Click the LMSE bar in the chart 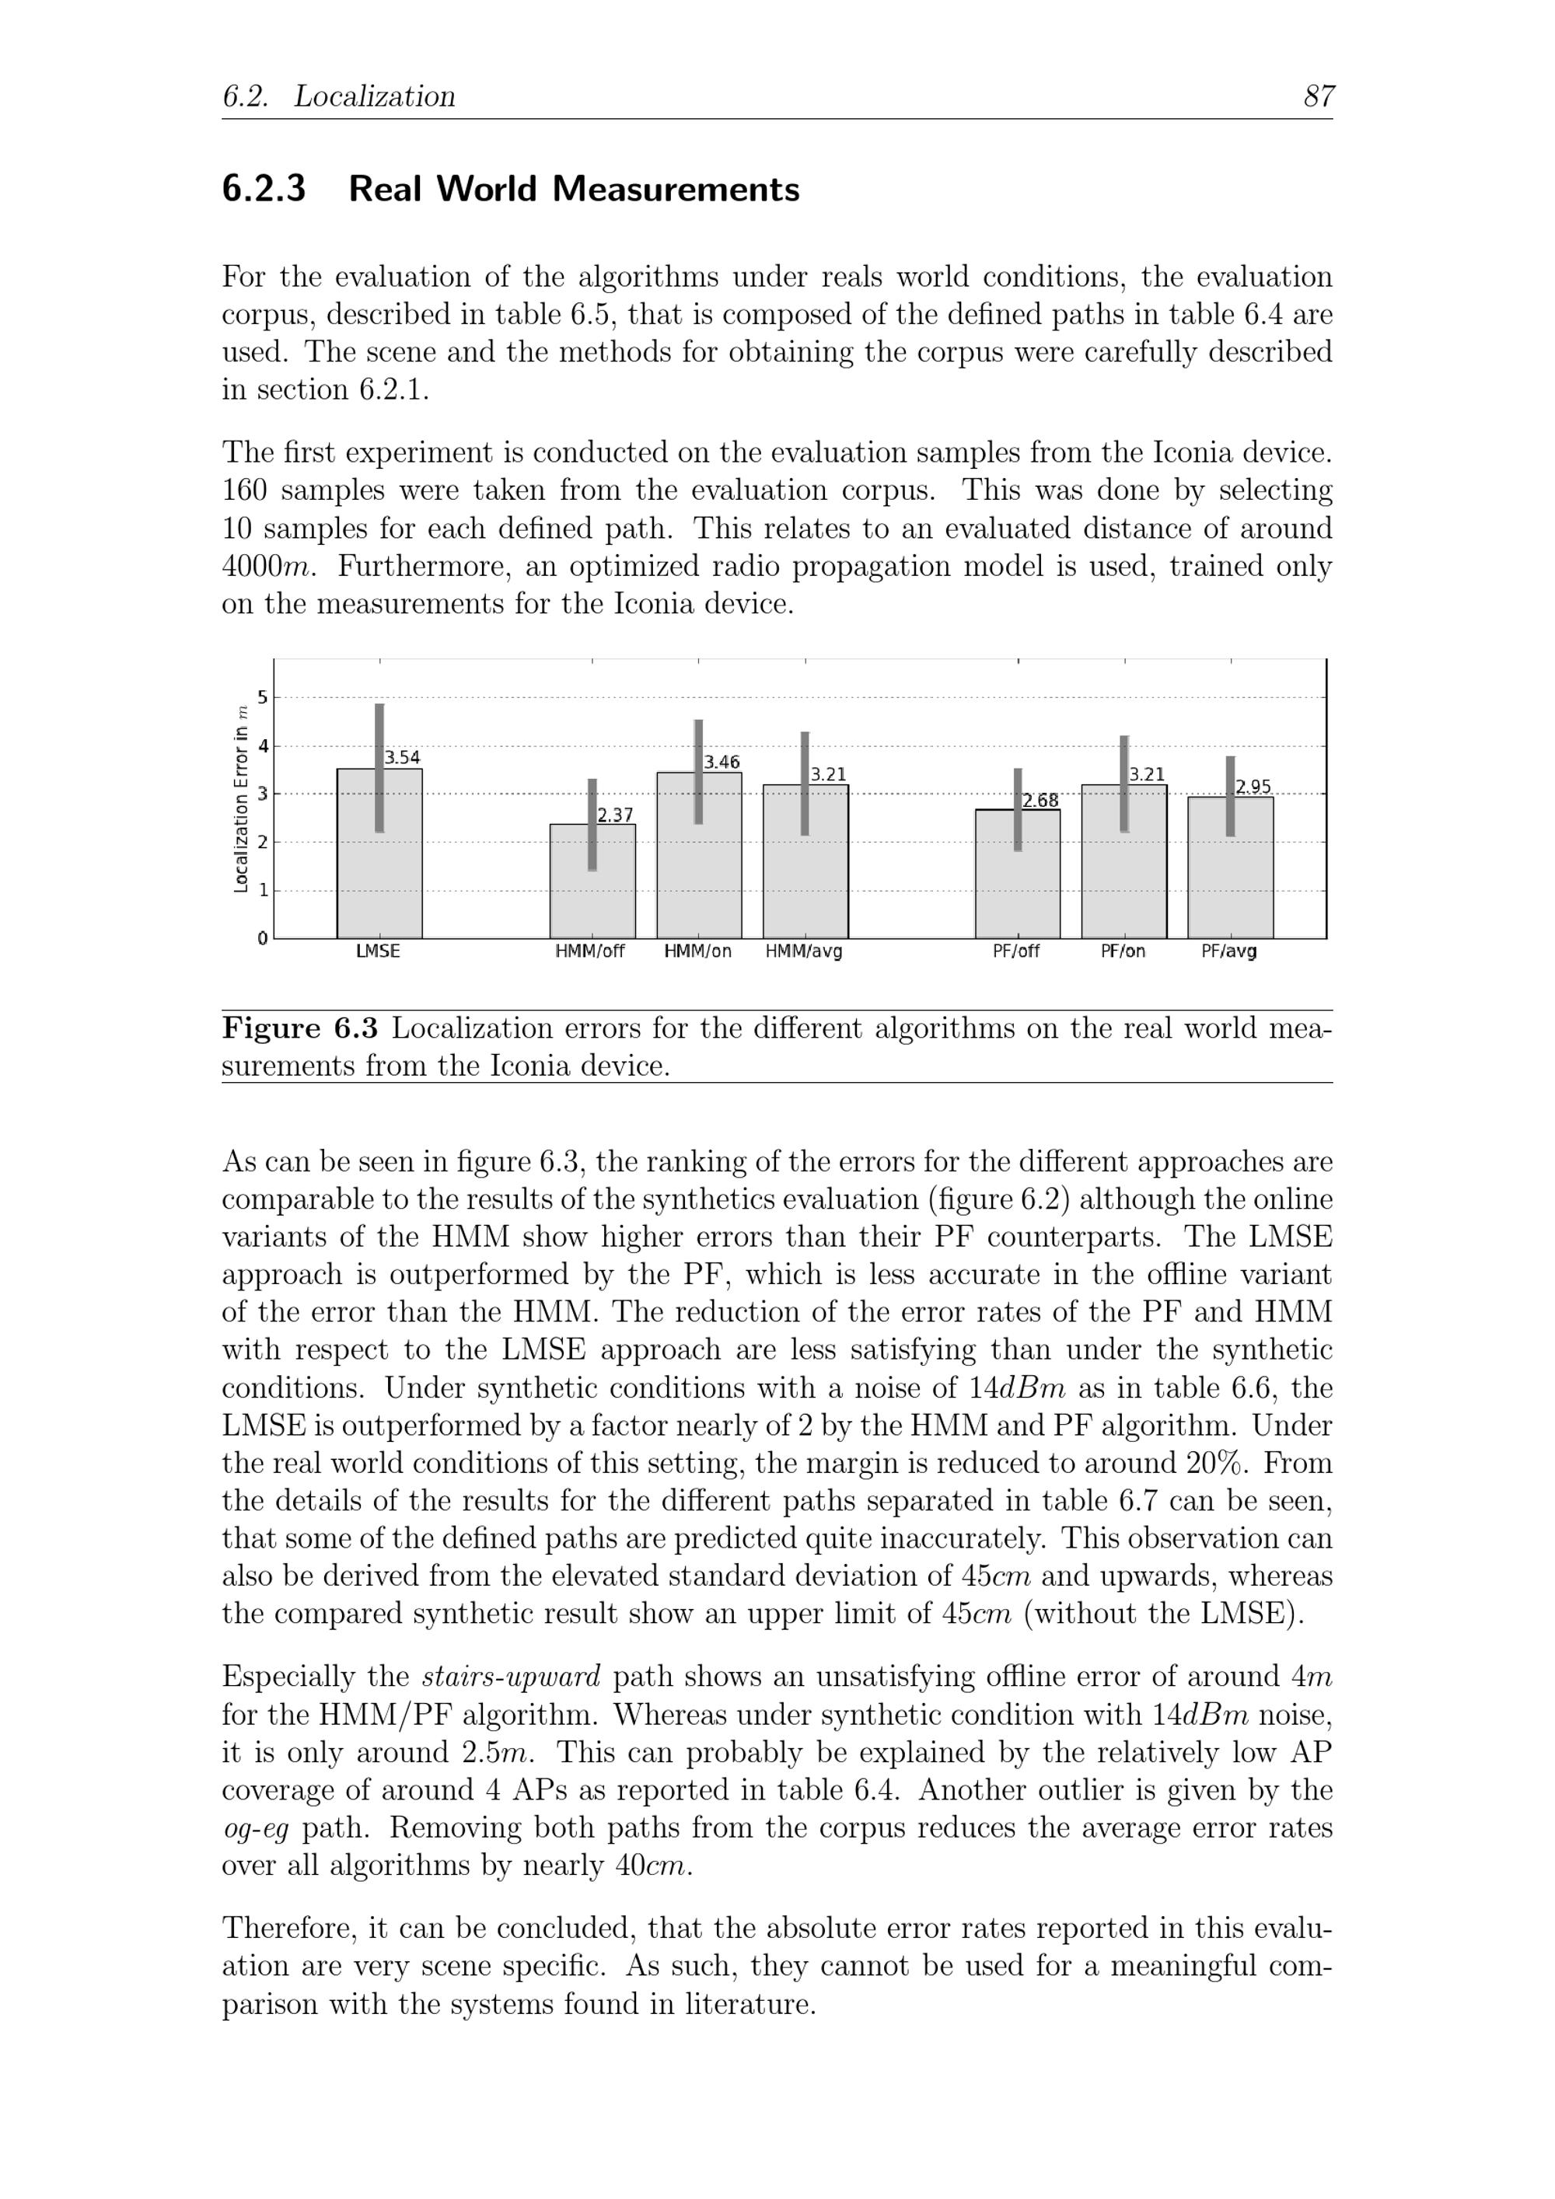(x=379, y=862)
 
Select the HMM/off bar (x=592, y=891)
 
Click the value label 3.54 (x=403, y=758)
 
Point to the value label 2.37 (x=615, y=815)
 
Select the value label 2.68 (x=1040, y=801)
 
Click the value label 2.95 (x=1253, y=787)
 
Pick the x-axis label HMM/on (x=697, y=952)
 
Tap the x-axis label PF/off (x=1016, y=952)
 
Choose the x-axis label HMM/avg (x=804, y=952)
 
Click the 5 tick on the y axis (x=261, y=697)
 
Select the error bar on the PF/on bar (x=1123, y=784)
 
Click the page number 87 (x=1319, y=96)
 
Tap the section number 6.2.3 (x=264, y=190)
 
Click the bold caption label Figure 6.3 (x=300, y=1028)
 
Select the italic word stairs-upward (x=511, y=1677)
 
